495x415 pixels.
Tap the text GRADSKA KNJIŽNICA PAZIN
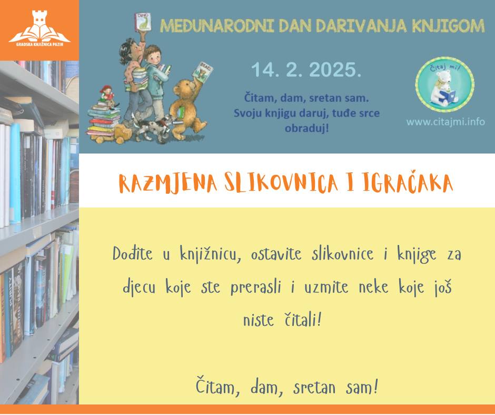pos(39,45)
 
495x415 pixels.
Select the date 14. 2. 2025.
pos(306,70)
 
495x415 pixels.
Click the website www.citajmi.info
pos(445,122)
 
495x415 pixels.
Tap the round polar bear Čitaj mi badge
pos(445,84)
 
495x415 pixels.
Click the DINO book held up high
pos(143,22)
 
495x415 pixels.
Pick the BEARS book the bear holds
pos(202,72)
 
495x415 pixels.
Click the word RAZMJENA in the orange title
pos(168,183)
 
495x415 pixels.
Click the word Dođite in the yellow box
pos(133,254)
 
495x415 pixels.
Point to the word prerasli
pos(256,288)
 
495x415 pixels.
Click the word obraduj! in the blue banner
pos(307,128)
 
